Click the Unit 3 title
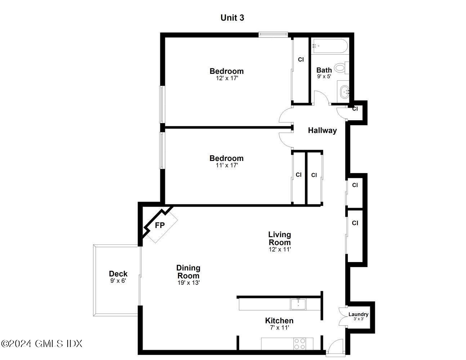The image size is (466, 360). pos(232,18)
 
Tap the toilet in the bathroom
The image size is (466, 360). pos(340,67)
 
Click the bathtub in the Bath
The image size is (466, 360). pos(329,46)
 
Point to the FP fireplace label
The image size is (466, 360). pos(160,226)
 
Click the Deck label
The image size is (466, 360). pos(118,274)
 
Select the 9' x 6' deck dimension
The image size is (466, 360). pos(118,281)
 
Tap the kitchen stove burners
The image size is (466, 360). pos(300,343)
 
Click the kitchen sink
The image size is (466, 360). pos(298,304)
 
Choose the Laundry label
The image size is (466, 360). pos(358,314)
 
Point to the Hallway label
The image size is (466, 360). pos(322,130)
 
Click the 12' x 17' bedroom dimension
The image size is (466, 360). pos(227,78)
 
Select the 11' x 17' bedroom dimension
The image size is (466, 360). pos(227,165)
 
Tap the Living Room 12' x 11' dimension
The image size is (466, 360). pos(279,249)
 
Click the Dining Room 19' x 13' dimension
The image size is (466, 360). pos(188,283)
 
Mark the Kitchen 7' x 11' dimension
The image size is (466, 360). pos(279,328)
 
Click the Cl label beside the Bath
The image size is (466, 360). pos(301,60)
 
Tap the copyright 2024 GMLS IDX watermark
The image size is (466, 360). pos(42,343)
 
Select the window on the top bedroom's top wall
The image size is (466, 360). pos(273,35)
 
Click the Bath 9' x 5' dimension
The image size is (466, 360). pos(324,76)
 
